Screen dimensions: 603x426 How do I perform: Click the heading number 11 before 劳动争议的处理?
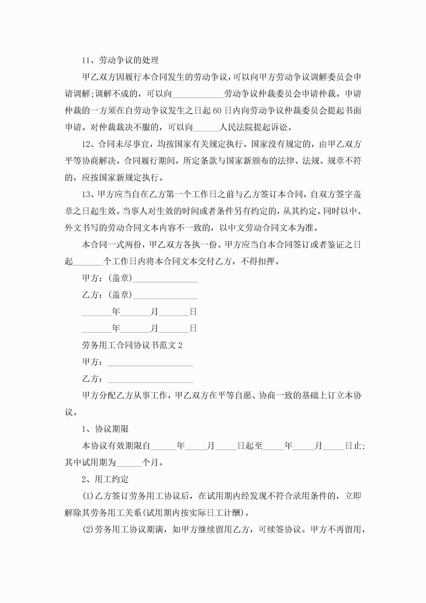pos(86,60)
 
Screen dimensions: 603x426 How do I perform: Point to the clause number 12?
pos(86,144)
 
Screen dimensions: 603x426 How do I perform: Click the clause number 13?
pos(86,194)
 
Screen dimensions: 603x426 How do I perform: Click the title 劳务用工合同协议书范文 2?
pos(132,345)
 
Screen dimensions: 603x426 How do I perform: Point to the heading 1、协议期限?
pos(105,429)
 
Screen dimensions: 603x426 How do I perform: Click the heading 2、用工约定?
pos(105,479)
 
